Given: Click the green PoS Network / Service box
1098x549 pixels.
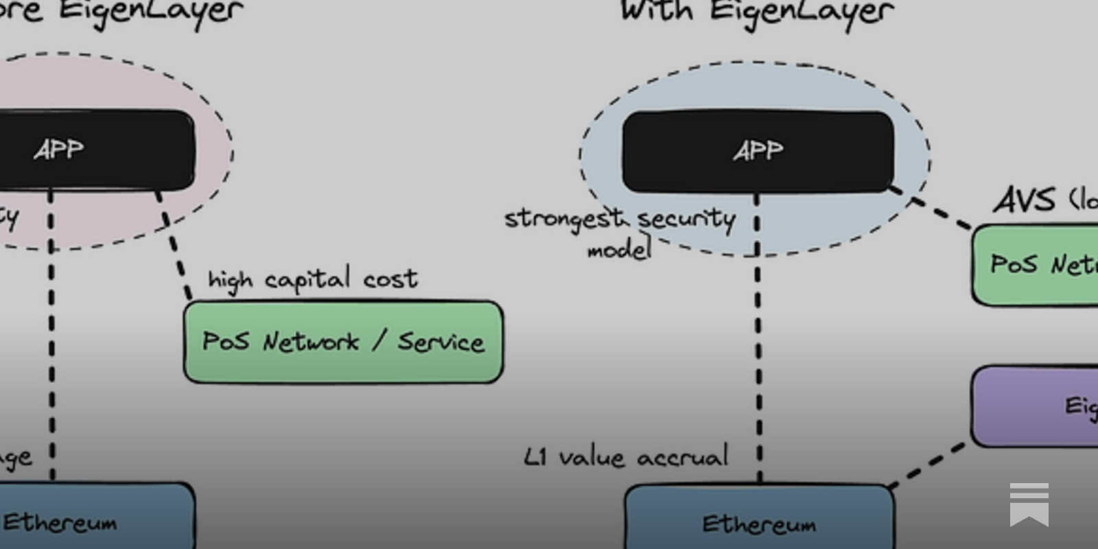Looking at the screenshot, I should point(343,342).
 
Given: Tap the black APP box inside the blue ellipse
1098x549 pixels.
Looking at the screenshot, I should point(758,151).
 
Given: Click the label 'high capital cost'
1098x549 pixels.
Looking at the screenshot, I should point(312,279).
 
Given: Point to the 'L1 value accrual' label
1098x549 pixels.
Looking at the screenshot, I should point(625,457).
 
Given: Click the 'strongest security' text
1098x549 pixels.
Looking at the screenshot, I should point(620,219).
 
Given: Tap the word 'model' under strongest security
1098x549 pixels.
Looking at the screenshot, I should point(619,249).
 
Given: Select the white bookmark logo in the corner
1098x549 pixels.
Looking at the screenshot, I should point(1029,504).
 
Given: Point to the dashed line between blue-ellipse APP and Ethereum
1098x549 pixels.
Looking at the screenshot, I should point(758,357).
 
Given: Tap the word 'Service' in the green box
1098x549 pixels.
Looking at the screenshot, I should point(441,342).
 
